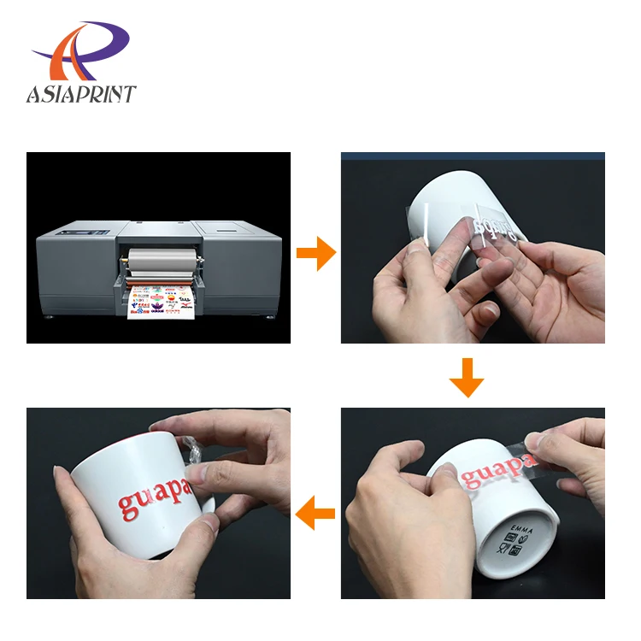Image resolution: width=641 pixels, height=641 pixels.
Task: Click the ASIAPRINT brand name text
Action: tap(81, 93)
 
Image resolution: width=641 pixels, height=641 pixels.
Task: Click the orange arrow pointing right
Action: tap(315, 254)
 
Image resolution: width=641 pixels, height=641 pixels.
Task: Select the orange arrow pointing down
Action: tap(467, 379)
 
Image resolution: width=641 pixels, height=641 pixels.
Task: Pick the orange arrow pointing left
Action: tap(315, 515)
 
